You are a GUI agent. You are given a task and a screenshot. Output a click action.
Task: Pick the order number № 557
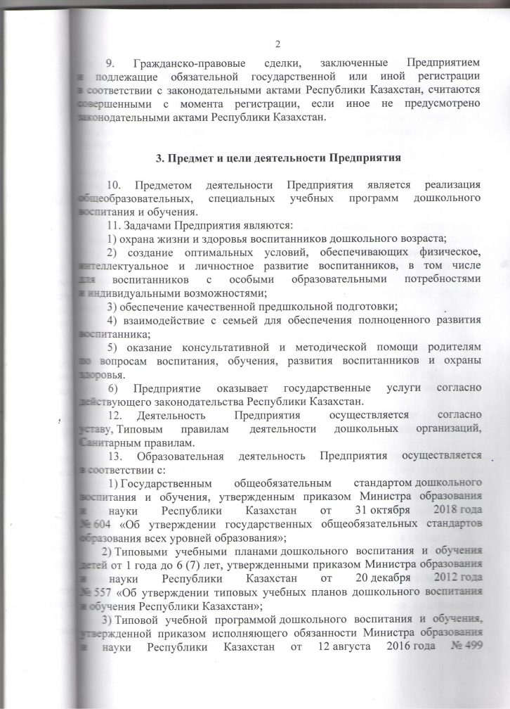tap(92, 590)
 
